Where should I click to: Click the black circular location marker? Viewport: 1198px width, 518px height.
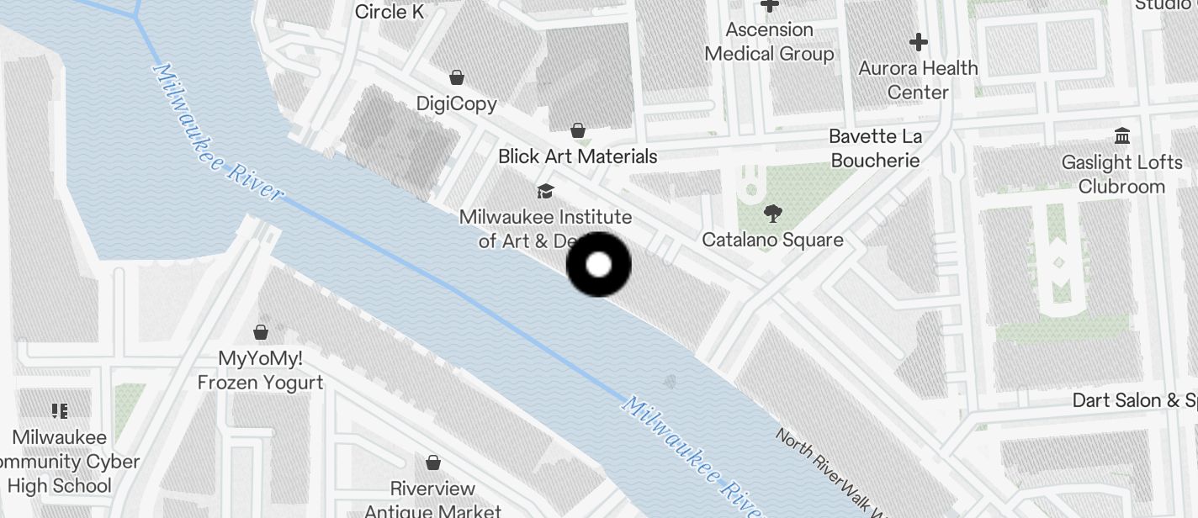(598, 265)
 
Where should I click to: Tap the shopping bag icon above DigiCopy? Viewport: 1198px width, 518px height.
(456, 78)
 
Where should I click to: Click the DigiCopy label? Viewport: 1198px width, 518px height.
(457, 103)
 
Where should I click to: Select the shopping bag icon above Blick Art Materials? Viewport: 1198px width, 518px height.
(578, 130)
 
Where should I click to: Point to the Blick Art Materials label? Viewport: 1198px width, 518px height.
(577, 156)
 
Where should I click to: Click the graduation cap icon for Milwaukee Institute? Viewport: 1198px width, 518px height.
(545, 191)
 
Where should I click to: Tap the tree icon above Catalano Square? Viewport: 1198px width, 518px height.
(771, 214)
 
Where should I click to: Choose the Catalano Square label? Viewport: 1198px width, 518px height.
(772, 240)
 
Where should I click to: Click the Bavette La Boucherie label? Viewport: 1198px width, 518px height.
(875, 148)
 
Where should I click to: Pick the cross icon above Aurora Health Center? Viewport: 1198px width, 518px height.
(918, 41)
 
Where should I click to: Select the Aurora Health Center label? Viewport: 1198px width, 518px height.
(918, 80)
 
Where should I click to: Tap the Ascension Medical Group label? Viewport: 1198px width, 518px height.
(769, 42)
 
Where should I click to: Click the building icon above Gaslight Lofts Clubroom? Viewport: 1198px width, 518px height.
(1121, 135)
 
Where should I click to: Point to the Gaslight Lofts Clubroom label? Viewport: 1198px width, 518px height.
(1121, 174)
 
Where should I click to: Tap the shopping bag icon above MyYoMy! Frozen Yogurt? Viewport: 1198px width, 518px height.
(261, 331)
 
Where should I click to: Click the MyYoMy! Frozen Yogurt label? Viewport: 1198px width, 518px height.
(260, 370)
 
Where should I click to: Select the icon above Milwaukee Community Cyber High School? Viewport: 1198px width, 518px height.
(59, 411)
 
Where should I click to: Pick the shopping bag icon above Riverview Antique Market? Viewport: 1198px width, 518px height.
(432, 462)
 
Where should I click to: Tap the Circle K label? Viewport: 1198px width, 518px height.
(390, 12)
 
